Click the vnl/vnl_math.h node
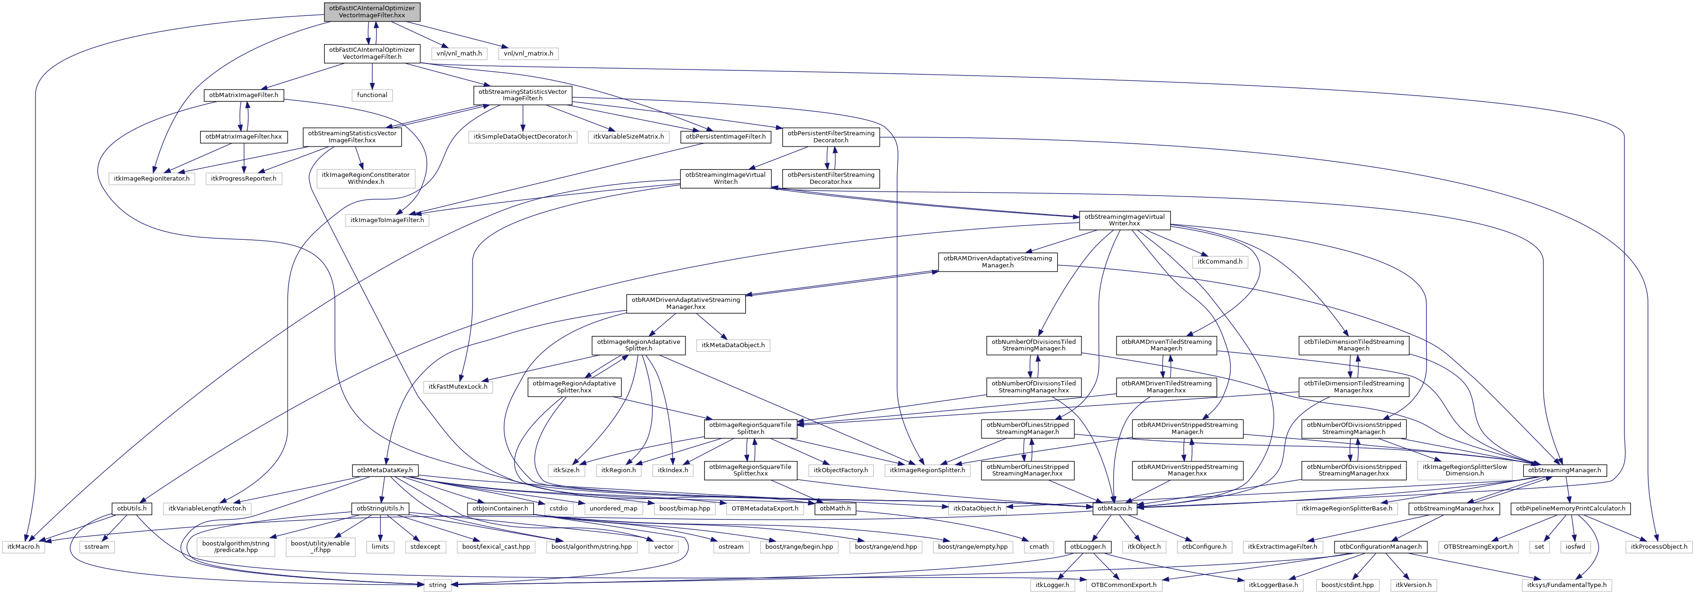[x=459, y=53]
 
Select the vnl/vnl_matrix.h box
[x=529, y=53]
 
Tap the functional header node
[x=372, y=95]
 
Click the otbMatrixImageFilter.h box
[x=243, y=95]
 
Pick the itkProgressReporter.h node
[x=243, y=179]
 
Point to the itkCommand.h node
[x=1219, y=262]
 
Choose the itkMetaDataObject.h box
[x=733, y=345]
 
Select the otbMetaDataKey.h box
[x=385, y=470]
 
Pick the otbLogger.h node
[x=1088, y=546]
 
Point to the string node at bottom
[x=438, y=585]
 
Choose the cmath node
[x=1039, y=546]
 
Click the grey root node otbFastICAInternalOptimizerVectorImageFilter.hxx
[x=372, y=12]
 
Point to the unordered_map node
[x=613, y=509]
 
